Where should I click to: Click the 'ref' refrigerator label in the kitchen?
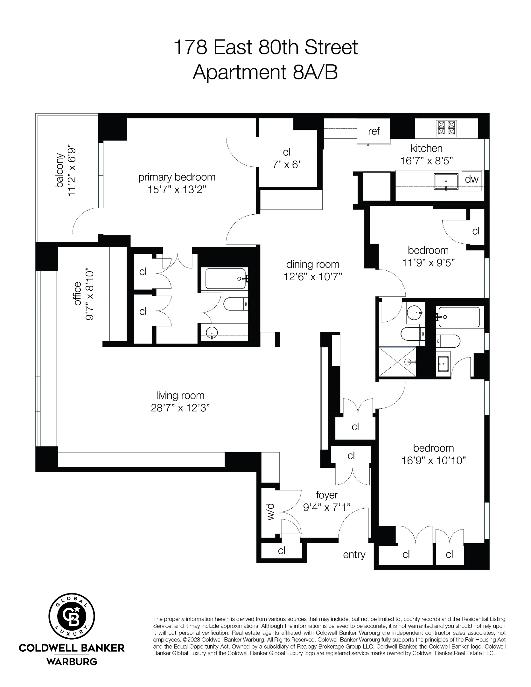(x=374, y=131)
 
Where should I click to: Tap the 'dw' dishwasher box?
(x=472, y=179)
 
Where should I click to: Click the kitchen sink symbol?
(x=446, y=182)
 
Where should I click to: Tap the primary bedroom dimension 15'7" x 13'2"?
(x=177, y=190)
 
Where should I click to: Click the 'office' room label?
(x=77, y=294)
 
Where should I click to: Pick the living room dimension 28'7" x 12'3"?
(x=180, y=408)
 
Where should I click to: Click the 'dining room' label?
(x=312, y=264)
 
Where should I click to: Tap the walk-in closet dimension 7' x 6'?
(x=286, y=164)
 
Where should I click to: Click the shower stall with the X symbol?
(x=397, y=362)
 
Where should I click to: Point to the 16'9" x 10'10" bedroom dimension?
(x=433, y=461)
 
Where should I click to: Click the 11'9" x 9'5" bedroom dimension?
(x=428, y=263)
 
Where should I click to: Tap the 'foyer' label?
(x=327, y=495)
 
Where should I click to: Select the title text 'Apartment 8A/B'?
(x=265, y=73)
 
